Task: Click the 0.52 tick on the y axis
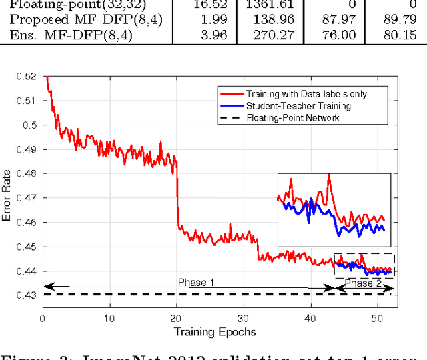pyautogui.click(x=27, y=76)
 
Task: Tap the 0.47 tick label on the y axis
pyautogui.click(x=27, y=198)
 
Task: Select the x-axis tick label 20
pyautogui.click(x=176, y=319)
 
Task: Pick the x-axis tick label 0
pyautogui.click(x=42, y=319)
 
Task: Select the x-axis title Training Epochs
pyautogui.click(x=214, y=331)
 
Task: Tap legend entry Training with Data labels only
pyautogui.click(x=306, y=93)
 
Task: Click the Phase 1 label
pyautogui.click(x=195, y=283)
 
